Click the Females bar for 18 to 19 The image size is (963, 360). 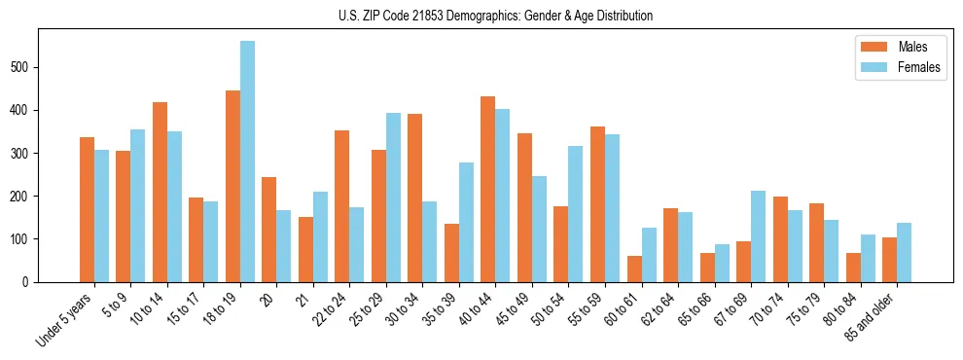pos(247,162)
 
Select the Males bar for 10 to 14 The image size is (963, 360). pos(160,192)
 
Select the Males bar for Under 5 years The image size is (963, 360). pos(87,209)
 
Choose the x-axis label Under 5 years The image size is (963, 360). pos(64,319)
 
